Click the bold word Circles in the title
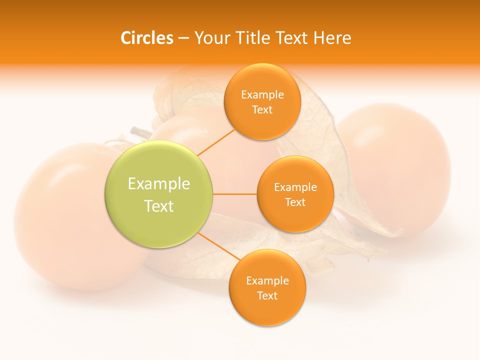(147, 38)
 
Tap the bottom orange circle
(267, 310)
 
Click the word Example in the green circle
(159, 184)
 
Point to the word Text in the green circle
(159, 206)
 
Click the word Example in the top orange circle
(262, 95)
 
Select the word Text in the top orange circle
(262, 110)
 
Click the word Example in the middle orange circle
(295, 187)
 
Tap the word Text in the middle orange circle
(295, 202)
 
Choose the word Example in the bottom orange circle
(267, 281)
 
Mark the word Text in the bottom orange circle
(267, 296)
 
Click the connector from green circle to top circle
(215, 142)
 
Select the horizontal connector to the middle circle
(234, 194)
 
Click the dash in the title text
(183, 38)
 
